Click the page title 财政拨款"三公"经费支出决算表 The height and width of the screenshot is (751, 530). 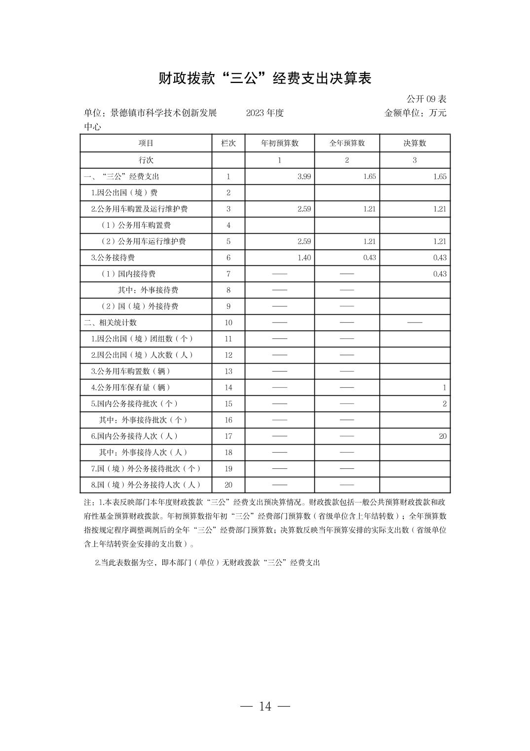(265, 78)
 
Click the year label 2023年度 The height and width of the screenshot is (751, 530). (265, 113)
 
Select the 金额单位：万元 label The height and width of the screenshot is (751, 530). (415, 113)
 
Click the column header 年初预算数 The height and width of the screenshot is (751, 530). (280, 143)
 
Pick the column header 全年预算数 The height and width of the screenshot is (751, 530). (347, 143)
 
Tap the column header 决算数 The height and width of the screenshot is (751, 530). (415, 143)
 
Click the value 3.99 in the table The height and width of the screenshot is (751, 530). (304, 176)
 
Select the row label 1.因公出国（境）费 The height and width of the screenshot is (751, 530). (124, 193)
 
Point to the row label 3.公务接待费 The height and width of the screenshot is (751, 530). (113, 257)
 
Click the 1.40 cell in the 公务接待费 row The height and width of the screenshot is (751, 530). (304, 257)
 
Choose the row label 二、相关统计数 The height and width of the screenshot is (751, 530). (111, 323)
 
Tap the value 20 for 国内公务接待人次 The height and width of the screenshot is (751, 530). (442, 436)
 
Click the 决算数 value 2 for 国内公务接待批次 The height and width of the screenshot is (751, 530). (444, 404)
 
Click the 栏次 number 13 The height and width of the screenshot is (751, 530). (228, 371)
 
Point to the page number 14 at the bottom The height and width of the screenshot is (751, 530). (265, 706)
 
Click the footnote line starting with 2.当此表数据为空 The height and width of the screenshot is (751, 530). (207, 563)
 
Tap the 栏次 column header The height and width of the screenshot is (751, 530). (228, 143)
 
